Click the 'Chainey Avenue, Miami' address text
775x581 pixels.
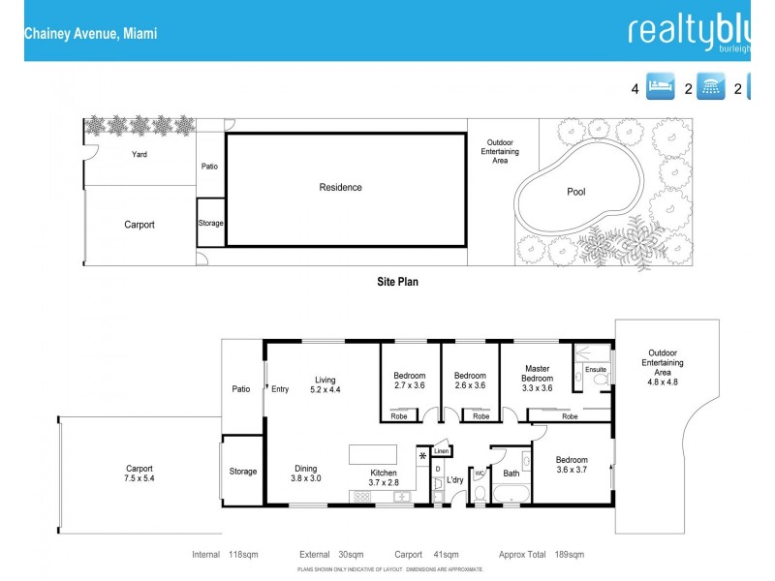pyautogui.click(x=90, y=33)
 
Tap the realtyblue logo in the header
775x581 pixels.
pyautogui.click(x=690, y=31)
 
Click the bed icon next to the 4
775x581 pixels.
pyautogui.click(x=660, y=88)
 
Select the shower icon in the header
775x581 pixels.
pyautogui.click(x=712, y=88)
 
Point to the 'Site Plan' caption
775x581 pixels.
pyautogui.click(x=397, y=282)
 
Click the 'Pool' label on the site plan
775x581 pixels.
pyautogui.click(x=575, y=192)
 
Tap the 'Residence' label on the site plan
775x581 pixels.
pyautogui.click(x=341, y=187)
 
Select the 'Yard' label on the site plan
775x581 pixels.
pyautogui.click(x=139, y=154)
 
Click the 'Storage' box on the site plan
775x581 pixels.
pyautogui.click(x=210, y=223)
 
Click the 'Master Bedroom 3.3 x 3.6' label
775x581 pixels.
pyautogui.click(x=538, y=378)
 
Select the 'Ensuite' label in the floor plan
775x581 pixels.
pyautogui.click(x=596, y=369)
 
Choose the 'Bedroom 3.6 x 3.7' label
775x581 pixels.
pyautogui.click(x=572, y=466)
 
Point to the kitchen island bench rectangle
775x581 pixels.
pyautogui.click(x=373, y=454)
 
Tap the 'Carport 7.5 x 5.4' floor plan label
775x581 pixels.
pyautogui.click(x=139, y=473)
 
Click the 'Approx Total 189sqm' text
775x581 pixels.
pyautogui.click(x=541, y=555)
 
